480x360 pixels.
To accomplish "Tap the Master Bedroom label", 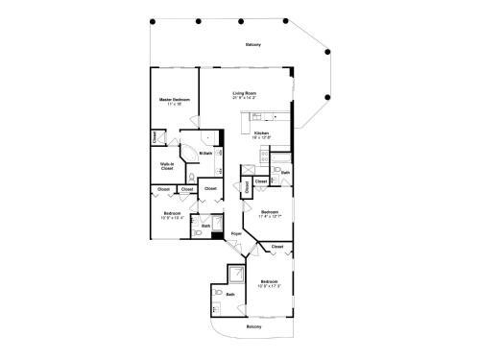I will (x=175, y=99).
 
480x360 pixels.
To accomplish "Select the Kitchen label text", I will (x=261, y=132).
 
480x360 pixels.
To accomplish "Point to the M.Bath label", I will (x=205, y=154).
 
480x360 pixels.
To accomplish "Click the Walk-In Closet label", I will (x=167, y=166).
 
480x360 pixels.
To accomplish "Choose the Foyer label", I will (x=236, y=233).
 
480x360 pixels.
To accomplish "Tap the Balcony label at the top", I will (x=252, y=44).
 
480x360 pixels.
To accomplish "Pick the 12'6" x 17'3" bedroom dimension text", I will (x=268, y=285).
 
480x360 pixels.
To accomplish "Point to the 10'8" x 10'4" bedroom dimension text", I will (x=173, y=217).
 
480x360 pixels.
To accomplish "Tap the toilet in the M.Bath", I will (x=192, y=179).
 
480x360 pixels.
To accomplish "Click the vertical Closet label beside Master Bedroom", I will (x=155, y=138).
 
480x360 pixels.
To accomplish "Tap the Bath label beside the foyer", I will (x=206, y=226).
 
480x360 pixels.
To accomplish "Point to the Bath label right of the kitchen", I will (x=285, y=172).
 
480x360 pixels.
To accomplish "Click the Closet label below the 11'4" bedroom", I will (x=277, y=247).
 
